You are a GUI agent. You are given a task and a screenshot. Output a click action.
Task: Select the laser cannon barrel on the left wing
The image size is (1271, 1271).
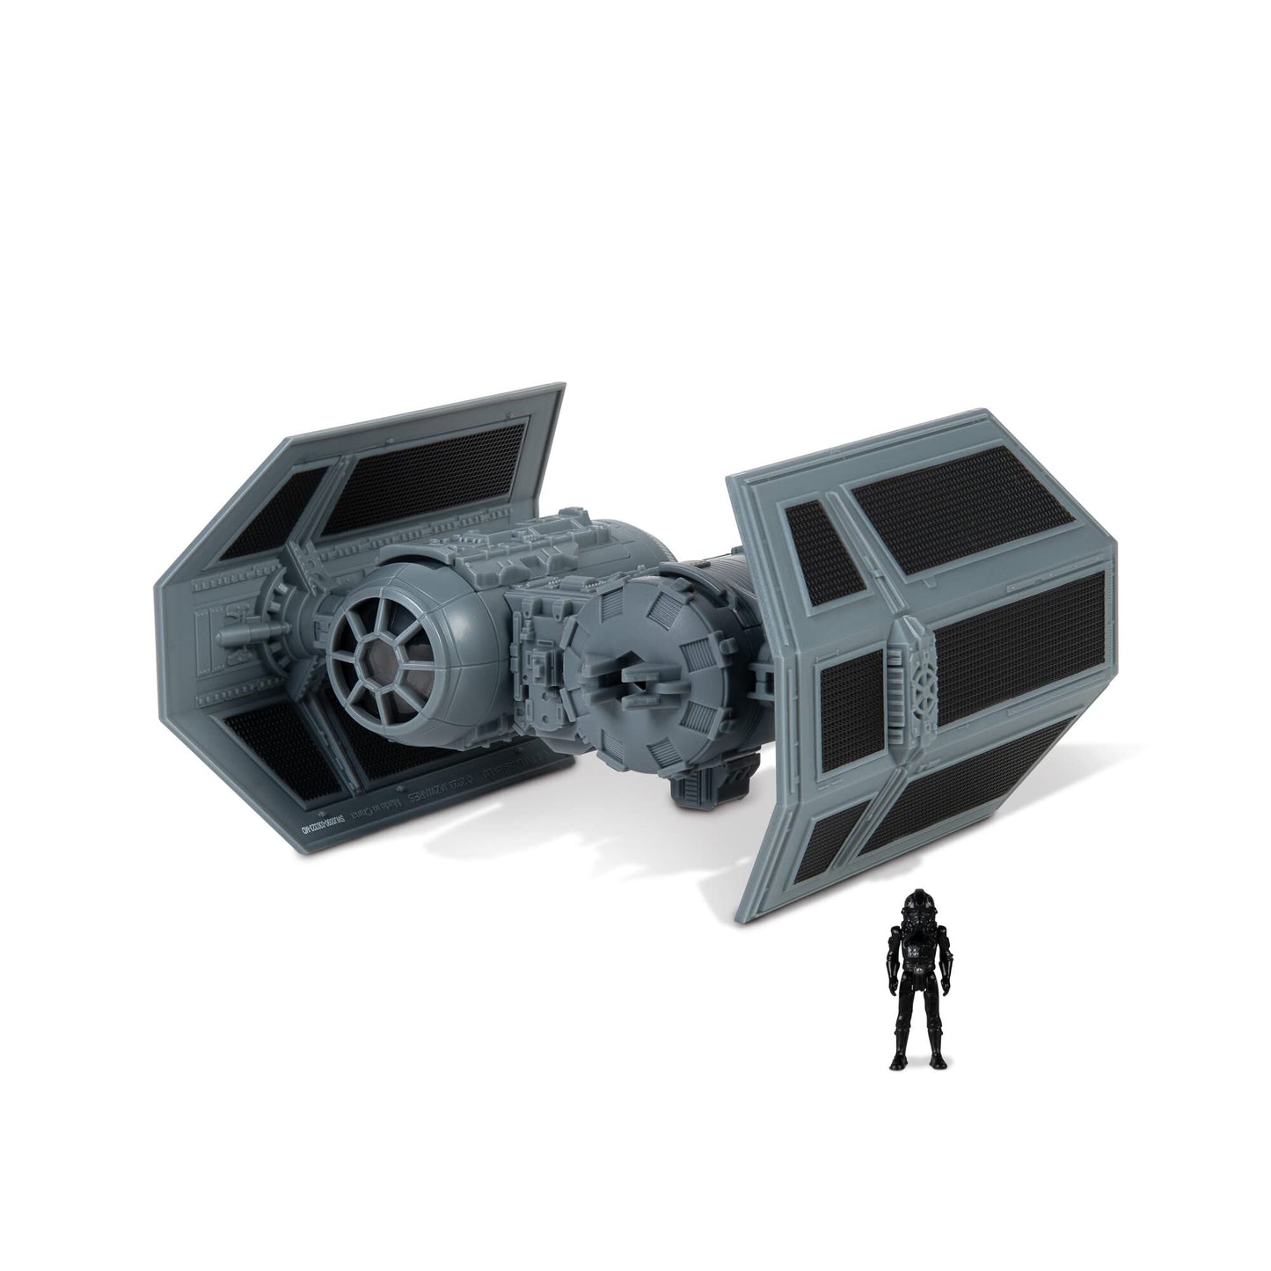click(233, 633)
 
